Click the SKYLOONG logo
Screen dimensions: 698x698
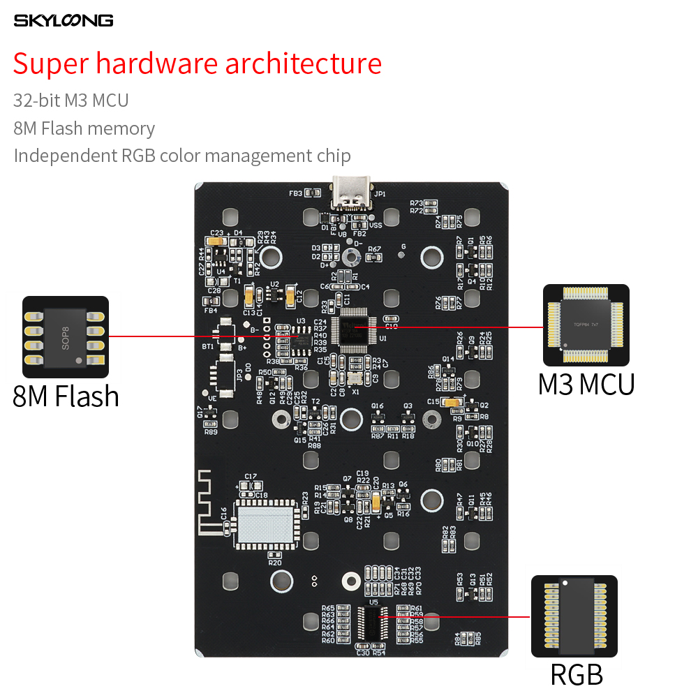[64, 21]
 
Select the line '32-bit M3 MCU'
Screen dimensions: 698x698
[71, 100]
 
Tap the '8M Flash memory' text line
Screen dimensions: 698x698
[84, 128]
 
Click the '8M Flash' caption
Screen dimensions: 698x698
[66, 396]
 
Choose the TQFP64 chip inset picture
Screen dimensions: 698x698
[586, 325]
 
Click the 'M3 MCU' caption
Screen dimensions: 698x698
[586, 385]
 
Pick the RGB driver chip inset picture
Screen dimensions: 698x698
[574, 616]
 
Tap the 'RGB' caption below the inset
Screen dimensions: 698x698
[577, 674]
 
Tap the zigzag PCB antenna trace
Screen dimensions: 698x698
[207, 503]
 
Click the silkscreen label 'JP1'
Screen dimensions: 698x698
[380, 194]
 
